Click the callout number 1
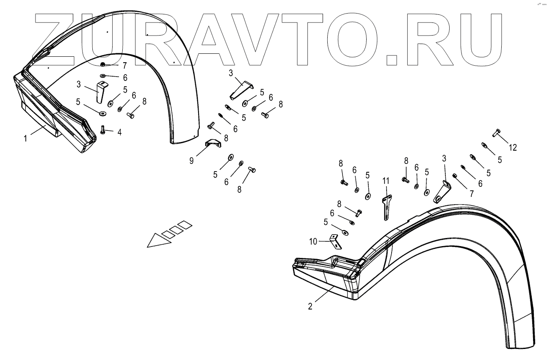click(25, 138)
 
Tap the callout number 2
click(310, 307)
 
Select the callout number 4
click(119, 133)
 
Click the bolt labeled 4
click(103, 130)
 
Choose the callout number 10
click(312, 241)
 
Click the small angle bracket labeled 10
click(335, 242)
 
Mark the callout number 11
click(386, 181)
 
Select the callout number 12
click(513, 147)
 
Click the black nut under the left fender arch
click(103, 64)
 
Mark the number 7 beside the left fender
click(124, 66)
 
